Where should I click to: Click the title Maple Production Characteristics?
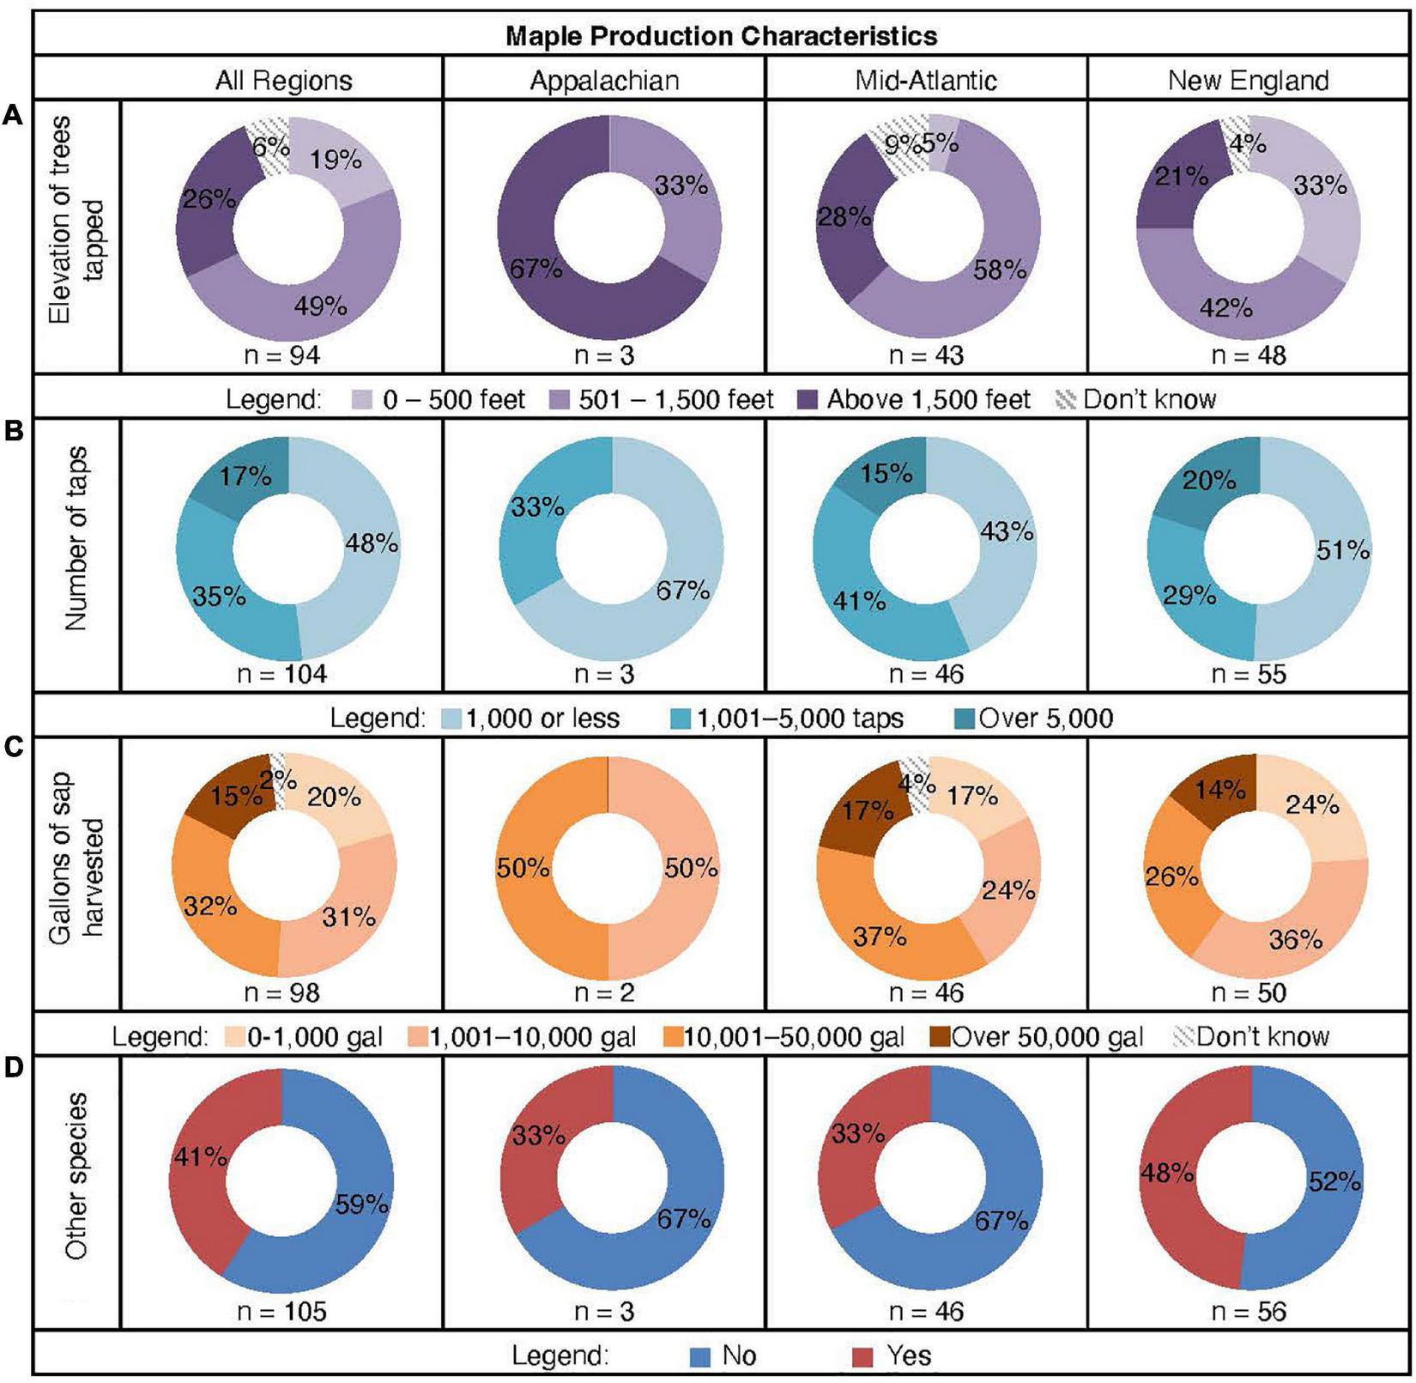click(721, 36)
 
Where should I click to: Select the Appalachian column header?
click(604, 81)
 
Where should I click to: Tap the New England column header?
click(1248, 81)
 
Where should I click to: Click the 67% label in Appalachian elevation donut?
click(536, 269)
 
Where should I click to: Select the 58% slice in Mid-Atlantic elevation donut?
click(998, 270)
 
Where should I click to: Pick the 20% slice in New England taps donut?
click(1209, 479)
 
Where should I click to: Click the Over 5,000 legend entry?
click(1045, 718)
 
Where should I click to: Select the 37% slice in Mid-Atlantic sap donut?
click(880, 937)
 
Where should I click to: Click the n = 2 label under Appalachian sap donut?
click(604, 993)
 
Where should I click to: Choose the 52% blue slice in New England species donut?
click(1333, 1182)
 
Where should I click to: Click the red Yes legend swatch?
click(863, 1356)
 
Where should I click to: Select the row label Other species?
click(77, 1176)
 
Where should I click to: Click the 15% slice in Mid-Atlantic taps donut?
click(887, 472)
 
